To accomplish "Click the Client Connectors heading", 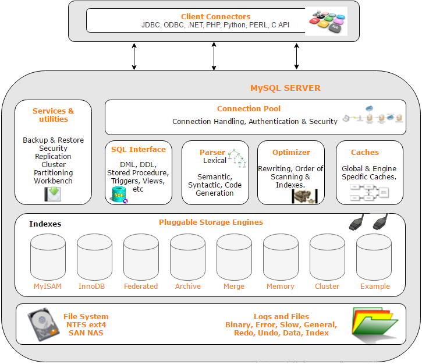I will pos(215,17).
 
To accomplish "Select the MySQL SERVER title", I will pos(285,88).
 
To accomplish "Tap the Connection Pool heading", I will pos(249,108).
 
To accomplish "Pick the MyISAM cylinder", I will pos(48,257).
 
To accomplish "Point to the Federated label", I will pos(141,286).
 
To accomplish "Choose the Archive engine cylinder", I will pos(187,257).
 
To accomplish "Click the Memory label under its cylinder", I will pos(281,286).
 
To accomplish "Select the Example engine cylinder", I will pos(374,257).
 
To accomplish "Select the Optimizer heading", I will pos(291,152).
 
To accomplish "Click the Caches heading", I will pos(365,152).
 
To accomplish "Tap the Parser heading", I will pos(212,152).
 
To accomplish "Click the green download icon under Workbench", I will pos(53,194).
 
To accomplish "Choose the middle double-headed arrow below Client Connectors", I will pos(214,56).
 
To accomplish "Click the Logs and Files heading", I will pos(281,316).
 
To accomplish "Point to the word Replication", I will pos(53,156).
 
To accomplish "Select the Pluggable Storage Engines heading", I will pos(211,222).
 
